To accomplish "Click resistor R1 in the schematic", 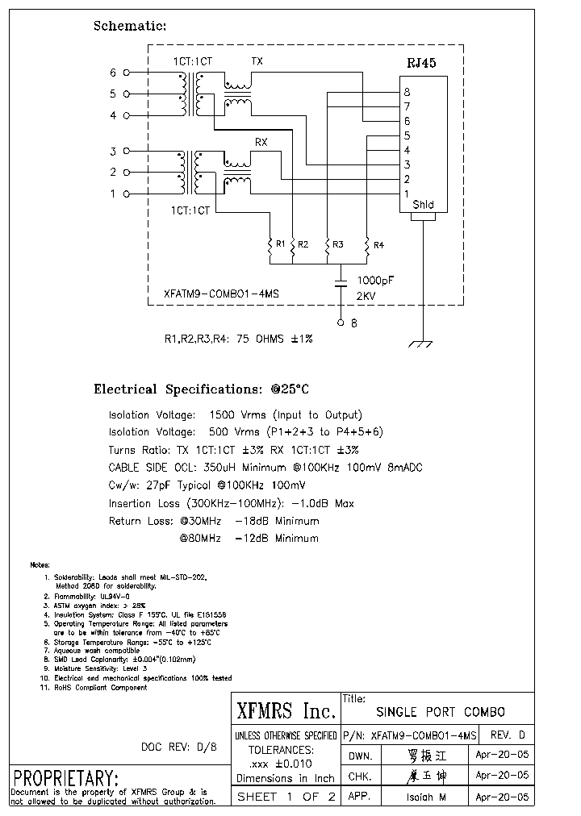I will (270, 248).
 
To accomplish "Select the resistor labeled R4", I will (367, 248).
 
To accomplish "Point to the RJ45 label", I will (420, 64).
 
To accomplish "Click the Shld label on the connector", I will (423, 205).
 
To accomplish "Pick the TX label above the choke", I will (257, 61).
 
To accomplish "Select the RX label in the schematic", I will (261, 142).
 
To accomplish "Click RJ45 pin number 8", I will (408, 92).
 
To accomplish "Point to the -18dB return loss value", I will (251, 521).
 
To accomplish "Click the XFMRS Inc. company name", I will (286, 710).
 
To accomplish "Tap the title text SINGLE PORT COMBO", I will (441, 712).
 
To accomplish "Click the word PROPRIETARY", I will (66, 779).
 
